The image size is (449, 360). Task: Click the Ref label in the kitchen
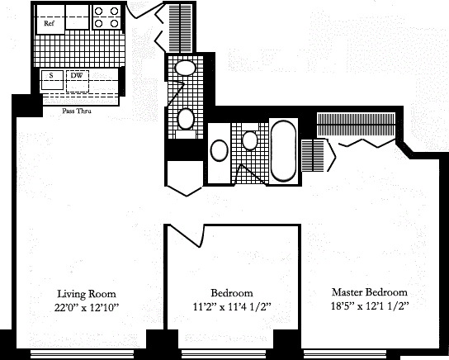point(49,23)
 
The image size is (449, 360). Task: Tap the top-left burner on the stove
point(98,12)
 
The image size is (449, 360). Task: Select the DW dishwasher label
point(77,76)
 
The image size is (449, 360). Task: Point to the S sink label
point(51,76)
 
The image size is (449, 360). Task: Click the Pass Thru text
point(77,111)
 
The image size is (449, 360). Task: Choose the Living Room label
point(87,294)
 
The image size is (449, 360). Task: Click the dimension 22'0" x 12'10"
point(87,308)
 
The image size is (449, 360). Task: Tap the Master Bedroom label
point(370,292)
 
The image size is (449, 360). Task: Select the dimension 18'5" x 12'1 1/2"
point(370,306)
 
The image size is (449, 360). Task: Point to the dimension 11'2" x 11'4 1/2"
point(232,307)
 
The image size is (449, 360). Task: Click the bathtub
point(283,151)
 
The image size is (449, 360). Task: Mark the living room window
point(78,354)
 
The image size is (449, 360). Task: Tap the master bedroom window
point(352,354)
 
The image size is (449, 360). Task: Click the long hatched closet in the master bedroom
point(357,125)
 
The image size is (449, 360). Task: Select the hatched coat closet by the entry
point(181,28)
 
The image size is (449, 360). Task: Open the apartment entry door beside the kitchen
point(144,11)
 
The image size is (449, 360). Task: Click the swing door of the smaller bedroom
point(186,235)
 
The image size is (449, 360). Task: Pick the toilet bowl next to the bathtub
point(250,140)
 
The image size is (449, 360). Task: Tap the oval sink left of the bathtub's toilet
point(220,150)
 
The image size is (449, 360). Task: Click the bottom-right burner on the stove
point(114,23)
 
